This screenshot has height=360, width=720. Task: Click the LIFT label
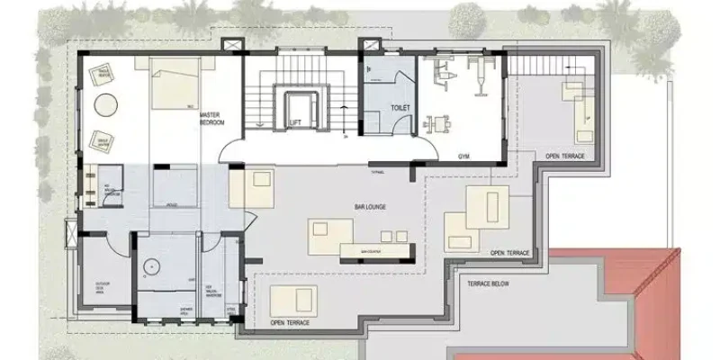(294, 122)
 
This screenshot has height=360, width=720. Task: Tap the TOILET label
(400, 108)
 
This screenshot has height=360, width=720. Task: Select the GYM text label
(463, 156)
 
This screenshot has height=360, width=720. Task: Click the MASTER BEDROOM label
(211, 119)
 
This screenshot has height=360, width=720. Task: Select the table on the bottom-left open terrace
(295, 297)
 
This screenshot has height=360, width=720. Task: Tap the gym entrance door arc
(421, 148)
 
